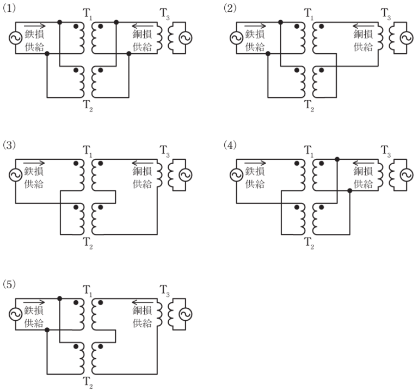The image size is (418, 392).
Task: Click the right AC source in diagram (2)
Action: point(405,38)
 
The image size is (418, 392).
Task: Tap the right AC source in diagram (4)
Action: point(405,175)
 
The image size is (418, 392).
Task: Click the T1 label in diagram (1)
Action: point(88,13)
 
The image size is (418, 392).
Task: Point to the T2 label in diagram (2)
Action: point(309,104)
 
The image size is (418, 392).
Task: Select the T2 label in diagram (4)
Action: point(309,241)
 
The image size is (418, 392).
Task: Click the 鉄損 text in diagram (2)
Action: point(256,35)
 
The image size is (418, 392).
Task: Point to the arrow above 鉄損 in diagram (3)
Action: point(35,163)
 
